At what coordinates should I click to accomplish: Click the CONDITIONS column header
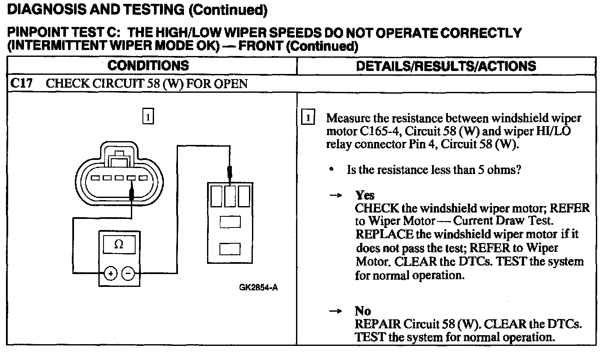[148, 65]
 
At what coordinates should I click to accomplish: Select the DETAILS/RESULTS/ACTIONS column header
[446, 66]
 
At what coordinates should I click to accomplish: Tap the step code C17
[21, 83]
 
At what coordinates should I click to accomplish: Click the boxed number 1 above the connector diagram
[148, 117]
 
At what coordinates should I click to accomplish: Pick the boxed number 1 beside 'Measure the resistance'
[308, 118]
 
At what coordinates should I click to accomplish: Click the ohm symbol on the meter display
[119, 245]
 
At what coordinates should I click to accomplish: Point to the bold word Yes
[365, 195]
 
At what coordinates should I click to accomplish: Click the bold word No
[363, 311]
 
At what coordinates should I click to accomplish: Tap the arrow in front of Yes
[336, 195]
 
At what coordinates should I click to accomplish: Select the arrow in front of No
[336, 311]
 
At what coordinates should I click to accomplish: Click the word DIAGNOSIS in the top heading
[43, 10]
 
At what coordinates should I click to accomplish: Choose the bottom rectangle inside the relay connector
[230, 249]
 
